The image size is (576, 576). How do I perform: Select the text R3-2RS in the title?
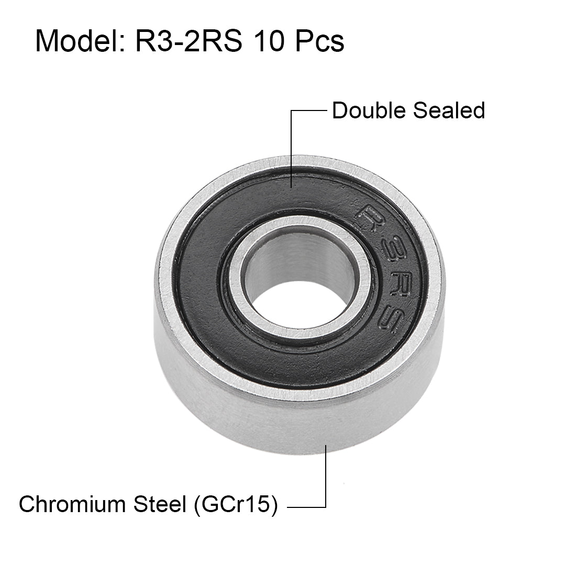click(x=189, y=41)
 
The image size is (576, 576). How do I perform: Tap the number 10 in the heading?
click(x=271, y=41)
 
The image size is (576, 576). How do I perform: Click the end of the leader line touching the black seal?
click(x=291, y=186)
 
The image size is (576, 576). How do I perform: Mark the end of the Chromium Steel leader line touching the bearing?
click(x=326, y=446)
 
